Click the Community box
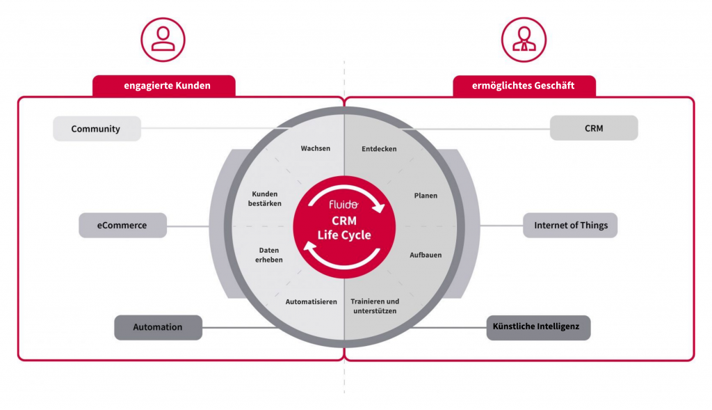click(97, 129)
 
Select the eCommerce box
click(122, 226)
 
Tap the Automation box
click(158, 327)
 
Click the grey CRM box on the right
click(593, 128)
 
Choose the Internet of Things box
click(570, 226)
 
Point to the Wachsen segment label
click(315, 148)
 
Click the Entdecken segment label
click(380, 148)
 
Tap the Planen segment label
click(426, 196)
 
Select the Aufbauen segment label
click(426, 255)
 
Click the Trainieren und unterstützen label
click(374, 306)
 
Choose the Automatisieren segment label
click(311, 301)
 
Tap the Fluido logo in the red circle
click(343, 205)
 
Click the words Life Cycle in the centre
click(344, 235)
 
